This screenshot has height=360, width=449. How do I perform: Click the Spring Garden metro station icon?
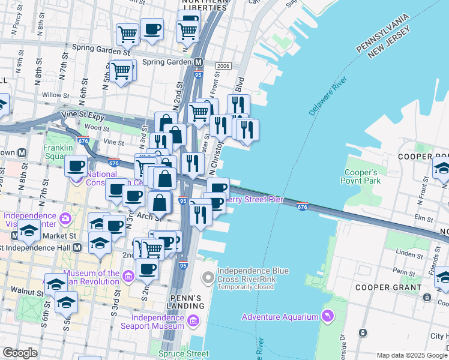coord(197,62)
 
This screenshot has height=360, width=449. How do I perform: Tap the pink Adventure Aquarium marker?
coord(327,315)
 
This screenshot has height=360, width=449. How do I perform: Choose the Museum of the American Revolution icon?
coord(127,277)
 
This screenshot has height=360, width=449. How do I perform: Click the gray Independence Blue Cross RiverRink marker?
coord(208,277)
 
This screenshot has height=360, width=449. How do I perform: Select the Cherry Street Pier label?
coord(254,199)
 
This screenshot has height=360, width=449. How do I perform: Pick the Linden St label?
coord(397,254)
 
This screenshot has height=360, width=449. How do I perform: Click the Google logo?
coord(20,353)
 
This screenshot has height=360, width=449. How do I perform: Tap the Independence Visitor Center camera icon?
coord(65,217)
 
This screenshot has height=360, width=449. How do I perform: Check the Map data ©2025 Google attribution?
coord(412,355)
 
